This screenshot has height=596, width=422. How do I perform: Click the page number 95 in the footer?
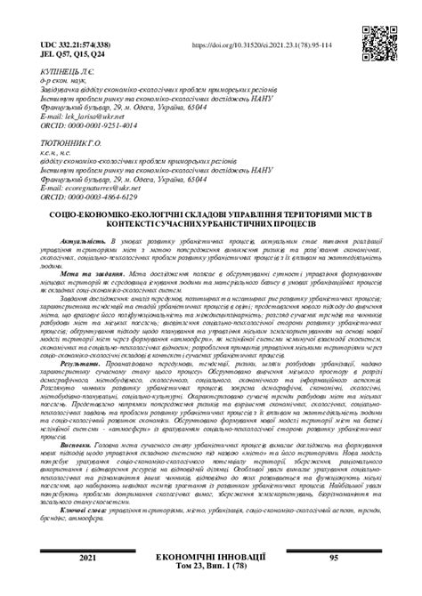pyautogui.click(x=333, y=582)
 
